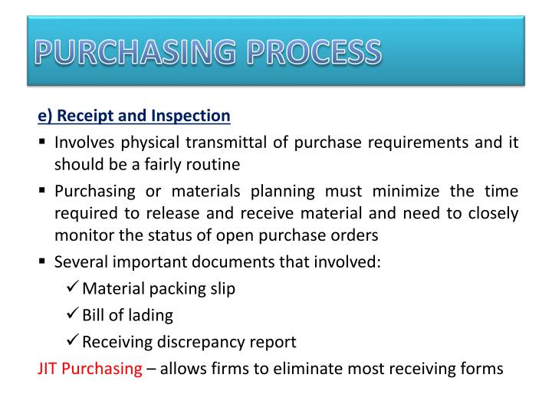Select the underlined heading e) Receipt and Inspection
click(x=134, y=116)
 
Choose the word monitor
click(x=80, y=235)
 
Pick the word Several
click(x=80, y=261)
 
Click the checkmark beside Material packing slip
click(x=73, y=288)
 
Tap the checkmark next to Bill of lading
click(x=73, y=314)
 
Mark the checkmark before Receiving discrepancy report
click(x=73, y=341)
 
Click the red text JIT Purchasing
click(x=90, y=368)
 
